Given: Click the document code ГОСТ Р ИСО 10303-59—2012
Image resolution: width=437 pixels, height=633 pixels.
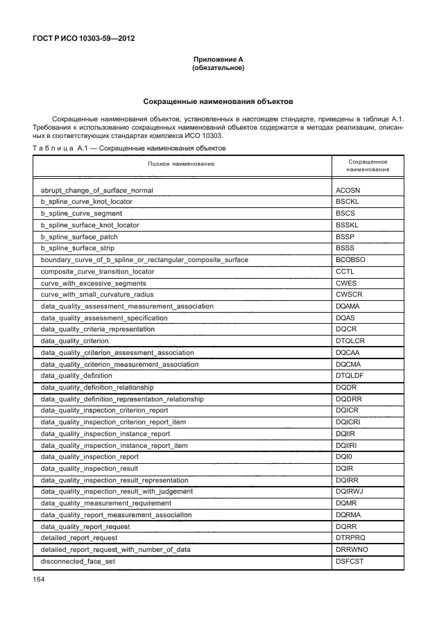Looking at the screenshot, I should coord(83,38).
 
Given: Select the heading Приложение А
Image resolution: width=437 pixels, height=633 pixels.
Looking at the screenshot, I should coord(218,60).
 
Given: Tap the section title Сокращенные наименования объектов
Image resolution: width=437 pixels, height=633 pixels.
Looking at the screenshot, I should coord(218,101).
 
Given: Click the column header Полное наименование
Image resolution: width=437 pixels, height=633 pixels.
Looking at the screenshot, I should coord(180,164).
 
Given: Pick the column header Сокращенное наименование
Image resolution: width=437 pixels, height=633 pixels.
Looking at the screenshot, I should coord(368,164).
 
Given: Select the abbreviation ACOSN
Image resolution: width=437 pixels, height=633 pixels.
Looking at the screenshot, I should coord(349,189).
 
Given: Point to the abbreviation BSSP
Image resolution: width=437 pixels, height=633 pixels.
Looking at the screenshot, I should coord(345,236).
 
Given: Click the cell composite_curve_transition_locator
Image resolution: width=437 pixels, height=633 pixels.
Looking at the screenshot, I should coord(97,272).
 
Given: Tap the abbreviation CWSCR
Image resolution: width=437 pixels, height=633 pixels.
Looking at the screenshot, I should coord(349,295).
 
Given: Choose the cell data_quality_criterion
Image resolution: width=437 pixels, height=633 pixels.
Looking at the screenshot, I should coord(75,341).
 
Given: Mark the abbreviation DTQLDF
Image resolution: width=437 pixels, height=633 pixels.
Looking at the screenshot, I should coord(350,376).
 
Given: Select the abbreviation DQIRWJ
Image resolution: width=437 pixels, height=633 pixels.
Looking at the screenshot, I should coord(350,492).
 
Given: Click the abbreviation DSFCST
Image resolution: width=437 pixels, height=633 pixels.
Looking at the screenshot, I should coord(350,562).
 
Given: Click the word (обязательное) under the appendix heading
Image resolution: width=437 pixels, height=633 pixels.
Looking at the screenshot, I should coord(218,69).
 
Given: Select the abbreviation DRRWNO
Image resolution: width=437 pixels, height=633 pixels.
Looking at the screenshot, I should coord(352,550).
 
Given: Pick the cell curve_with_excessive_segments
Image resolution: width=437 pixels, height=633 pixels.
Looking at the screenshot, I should coord(93,284).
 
